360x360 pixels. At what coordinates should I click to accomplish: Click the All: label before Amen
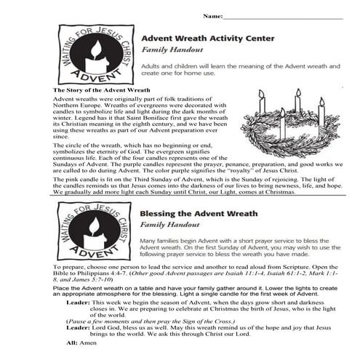[x=71, y=341]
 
